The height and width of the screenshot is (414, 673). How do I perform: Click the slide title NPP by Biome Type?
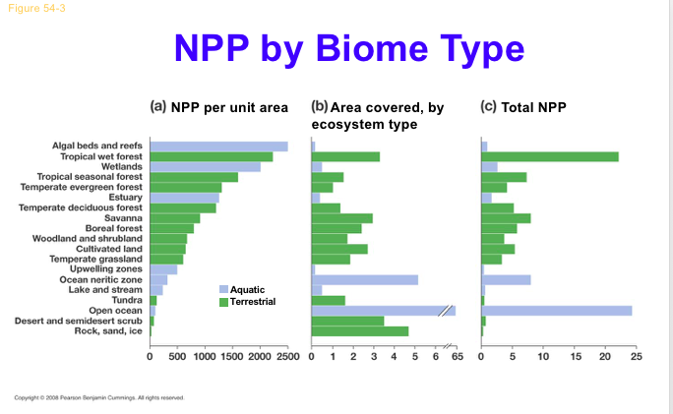point(348,49)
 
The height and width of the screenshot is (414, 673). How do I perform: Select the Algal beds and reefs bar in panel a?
point(218,147)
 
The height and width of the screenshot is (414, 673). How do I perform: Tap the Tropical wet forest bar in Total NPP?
point(549,156)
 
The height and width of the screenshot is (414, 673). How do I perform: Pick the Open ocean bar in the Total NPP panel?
point(556,310)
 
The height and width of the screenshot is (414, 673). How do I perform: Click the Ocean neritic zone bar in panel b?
point(364,279)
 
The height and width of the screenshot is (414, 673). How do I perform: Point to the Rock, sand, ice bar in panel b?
point(359,330)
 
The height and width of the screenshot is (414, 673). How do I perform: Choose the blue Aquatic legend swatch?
point(222,289)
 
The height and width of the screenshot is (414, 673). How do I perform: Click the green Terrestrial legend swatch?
point(222,300)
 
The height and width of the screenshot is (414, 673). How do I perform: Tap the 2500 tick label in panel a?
point(287,354)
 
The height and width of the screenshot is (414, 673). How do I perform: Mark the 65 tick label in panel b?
point(456,354)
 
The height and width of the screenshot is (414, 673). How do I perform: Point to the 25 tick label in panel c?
point(636,354)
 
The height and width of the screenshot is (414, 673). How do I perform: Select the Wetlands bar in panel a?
point(205,167)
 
